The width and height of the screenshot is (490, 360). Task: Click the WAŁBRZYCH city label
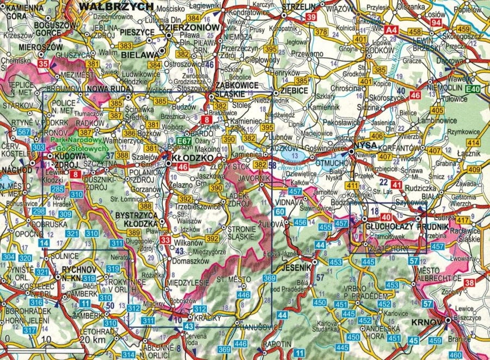coord(116,7)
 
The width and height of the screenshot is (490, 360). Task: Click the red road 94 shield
coord(436,23)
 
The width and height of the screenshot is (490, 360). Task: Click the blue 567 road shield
coord(23,132)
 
